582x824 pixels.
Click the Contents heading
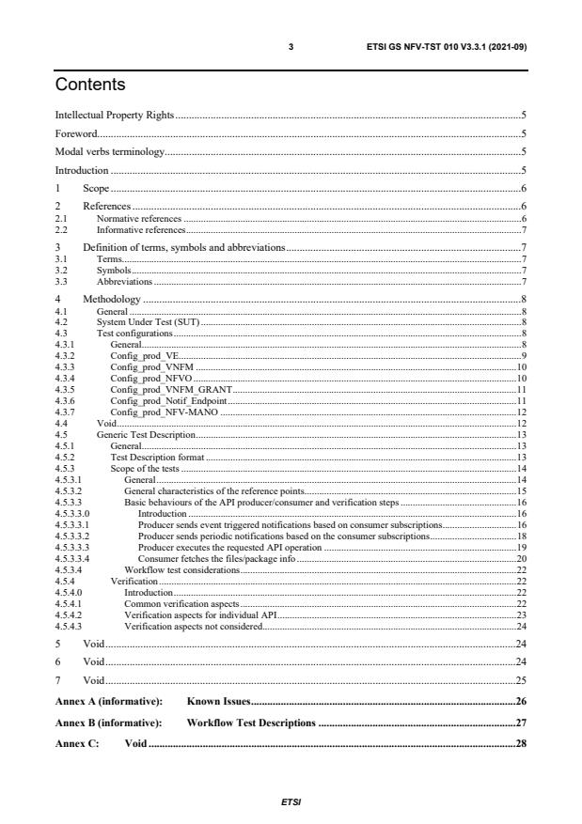90,86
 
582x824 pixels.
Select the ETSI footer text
291,804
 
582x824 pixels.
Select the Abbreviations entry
125,281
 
